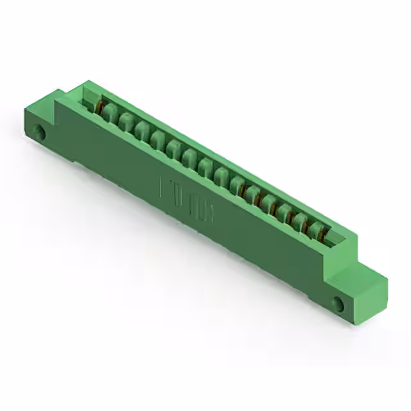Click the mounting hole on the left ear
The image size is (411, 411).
click(x=39, y=133)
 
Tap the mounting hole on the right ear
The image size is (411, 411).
click(x=338, y=304)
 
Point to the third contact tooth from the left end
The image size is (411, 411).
click(x=142, y=132)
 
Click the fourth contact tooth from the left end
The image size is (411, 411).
click(x=158, y=141)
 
